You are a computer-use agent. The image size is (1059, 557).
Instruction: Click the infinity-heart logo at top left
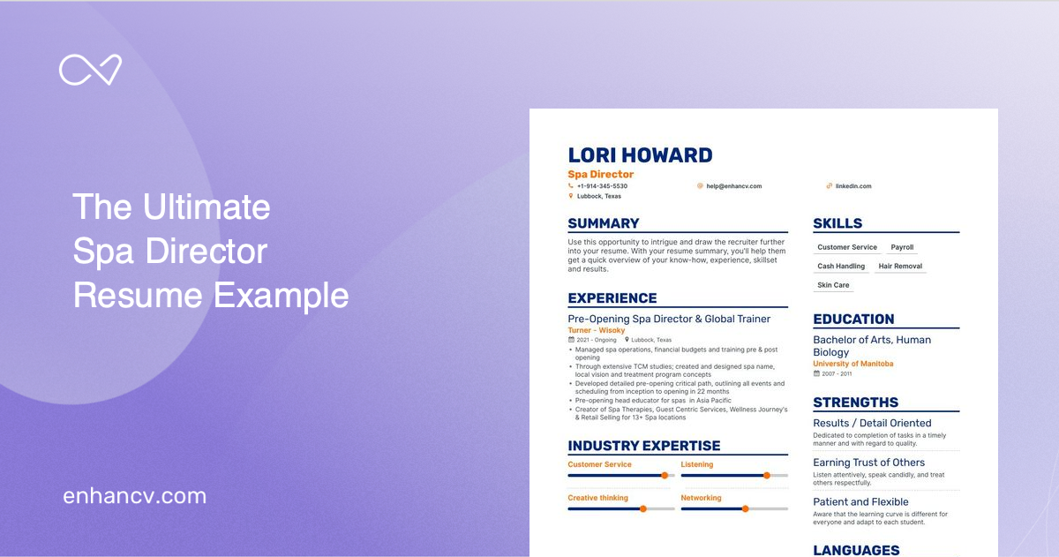(x=90, y=70)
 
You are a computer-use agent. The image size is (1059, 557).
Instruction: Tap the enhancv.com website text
(x=134, y=496)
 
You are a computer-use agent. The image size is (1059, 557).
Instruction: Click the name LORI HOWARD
(x=640, y=155)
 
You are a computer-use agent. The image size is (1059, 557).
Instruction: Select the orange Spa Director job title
(x=600, y=175)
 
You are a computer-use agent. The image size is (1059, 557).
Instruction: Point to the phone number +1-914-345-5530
(x=602, y=186)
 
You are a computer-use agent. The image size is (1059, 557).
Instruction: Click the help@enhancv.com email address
(x=733, y=186)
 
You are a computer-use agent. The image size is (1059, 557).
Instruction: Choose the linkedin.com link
(x=853, y=186)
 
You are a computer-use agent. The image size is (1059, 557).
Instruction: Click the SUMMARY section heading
(x=604, y=223)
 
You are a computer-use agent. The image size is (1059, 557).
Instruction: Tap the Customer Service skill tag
(x=847, y=247)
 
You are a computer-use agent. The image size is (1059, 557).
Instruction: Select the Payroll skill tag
(x=902, y=247)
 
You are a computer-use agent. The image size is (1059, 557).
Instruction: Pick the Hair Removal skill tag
(x=900, y=266)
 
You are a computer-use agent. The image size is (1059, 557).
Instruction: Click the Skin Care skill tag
(x=833, y=285)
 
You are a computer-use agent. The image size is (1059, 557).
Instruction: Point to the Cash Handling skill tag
(x=841, y=266)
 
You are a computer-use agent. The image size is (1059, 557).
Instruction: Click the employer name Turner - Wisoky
(x=597, y=330)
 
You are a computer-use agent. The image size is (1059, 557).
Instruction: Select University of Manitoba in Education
(x=852, y=364)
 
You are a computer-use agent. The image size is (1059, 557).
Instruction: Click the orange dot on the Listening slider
(x=766, y=475)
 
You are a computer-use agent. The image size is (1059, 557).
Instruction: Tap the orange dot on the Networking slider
(x=745, y=508)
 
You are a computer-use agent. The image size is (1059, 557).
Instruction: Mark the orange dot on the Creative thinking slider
(x=642, y=508)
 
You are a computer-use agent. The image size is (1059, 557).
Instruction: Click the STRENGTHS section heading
(x=855, y=403)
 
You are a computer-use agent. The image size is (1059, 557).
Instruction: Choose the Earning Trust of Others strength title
(x=868, y=463)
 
